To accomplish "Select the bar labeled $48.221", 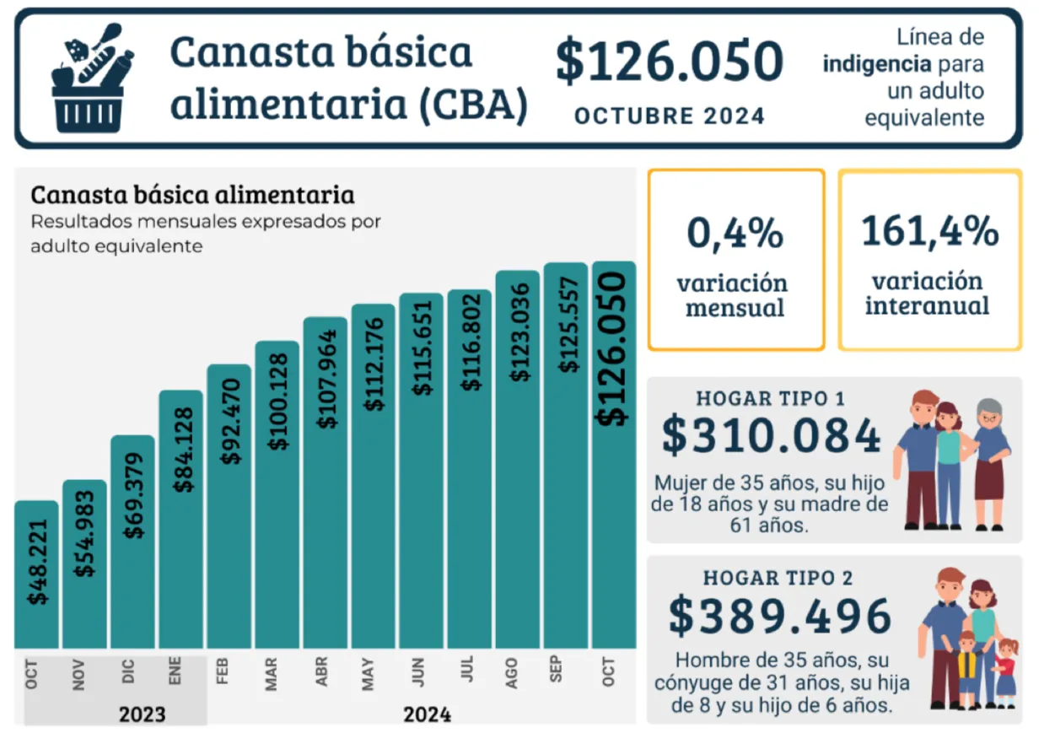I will click(x=36, y=574).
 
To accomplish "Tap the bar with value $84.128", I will click(x=180, y=519).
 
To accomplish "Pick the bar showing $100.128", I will click(x=277, y=493).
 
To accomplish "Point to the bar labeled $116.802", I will click(x=470, y=468).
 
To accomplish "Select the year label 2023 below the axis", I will click(x=142, y=715).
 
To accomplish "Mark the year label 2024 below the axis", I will click(x=427, y=715).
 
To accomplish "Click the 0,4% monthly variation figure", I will click(x=735, y=233).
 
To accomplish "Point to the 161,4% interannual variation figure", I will click(x=929, y=231).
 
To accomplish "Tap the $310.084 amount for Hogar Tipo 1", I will click(x=771, y=436).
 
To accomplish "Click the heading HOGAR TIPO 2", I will click(x=778, y=578).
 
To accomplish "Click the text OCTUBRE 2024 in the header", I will click(x=670, y=116).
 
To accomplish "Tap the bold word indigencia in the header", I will click(x=878, y=64).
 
